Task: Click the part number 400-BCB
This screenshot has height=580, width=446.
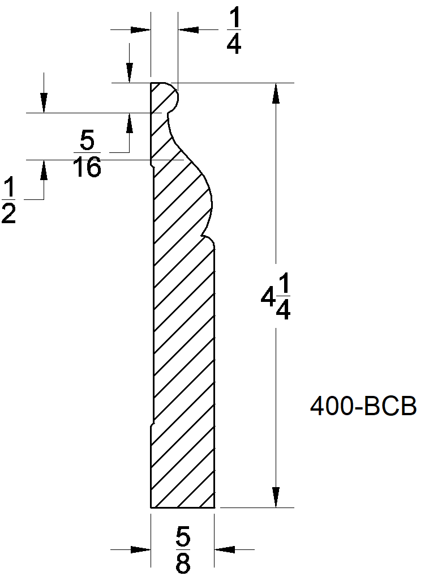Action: point(363,407)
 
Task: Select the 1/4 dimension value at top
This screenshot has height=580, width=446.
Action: point(234,32)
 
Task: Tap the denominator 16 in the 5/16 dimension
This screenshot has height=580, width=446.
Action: point(88,168)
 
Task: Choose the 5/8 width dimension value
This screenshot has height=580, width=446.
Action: point(183,549)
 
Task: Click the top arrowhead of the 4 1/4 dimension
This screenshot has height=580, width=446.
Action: point(276,94)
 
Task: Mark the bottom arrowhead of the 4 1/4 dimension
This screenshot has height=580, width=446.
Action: point(276,497)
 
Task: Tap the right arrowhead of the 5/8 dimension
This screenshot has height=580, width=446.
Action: point(225,549)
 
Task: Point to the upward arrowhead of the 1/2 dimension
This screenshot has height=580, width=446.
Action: point(43,170)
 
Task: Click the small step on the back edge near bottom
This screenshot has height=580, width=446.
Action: point(152,423)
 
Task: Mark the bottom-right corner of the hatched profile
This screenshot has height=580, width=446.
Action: point(214,507)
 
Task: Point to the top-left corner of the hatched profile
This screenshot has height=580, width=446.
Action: point(151,84)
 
